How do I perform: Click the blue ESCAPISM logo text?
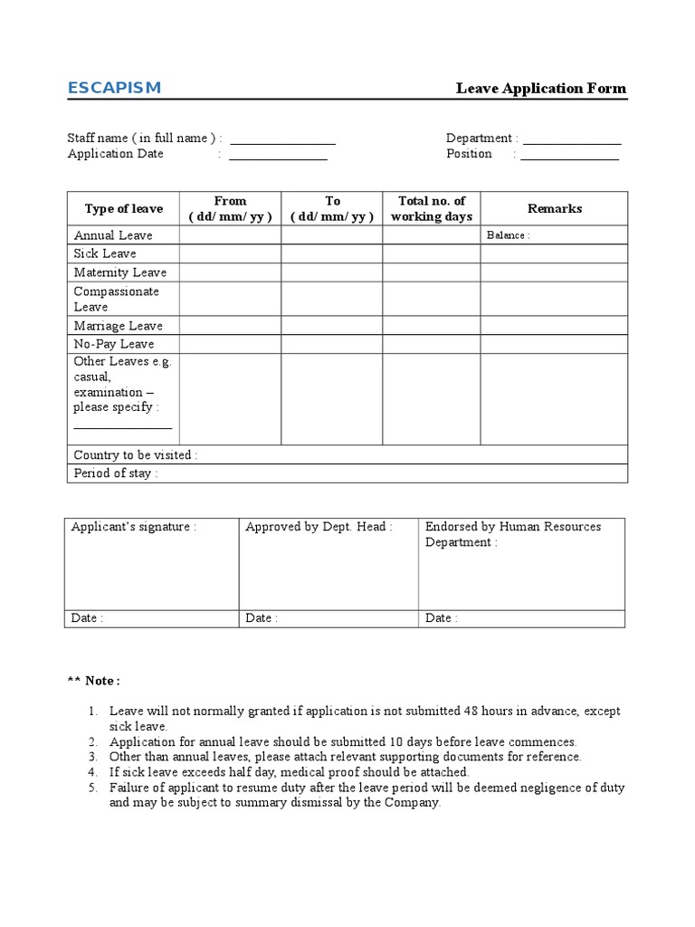[x=114, y=88]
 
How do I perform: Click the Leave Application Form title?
[x=540, y=89]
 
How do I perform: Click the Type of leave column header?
[x=124, y=209]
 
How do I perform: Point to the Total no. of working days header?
[x=432, y=209]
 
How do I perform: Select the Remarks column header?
[x=555, y=209]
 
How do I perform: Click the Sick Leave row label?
[x=105, y=253]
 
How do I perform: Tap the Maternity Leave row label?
[x=119, y=272]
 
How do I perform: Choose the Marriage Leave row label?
[x=118, y=326]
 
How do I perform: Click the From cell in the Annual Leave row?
[x=230, y=235]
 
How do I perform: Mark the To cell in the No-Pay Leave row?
[x=331, y=344]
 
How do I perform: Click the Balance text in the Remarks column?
[x=508, y=235]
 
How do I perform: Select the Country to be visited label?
[x=136, y=455]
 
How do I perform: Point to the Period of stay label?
[x=116, y=473]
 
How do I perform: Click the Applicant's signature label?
[x=134, y=527]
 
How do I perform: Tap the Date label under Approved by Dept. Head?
[x=262, y=618]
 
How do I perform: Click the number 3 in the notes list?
[x=92, y=757]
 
